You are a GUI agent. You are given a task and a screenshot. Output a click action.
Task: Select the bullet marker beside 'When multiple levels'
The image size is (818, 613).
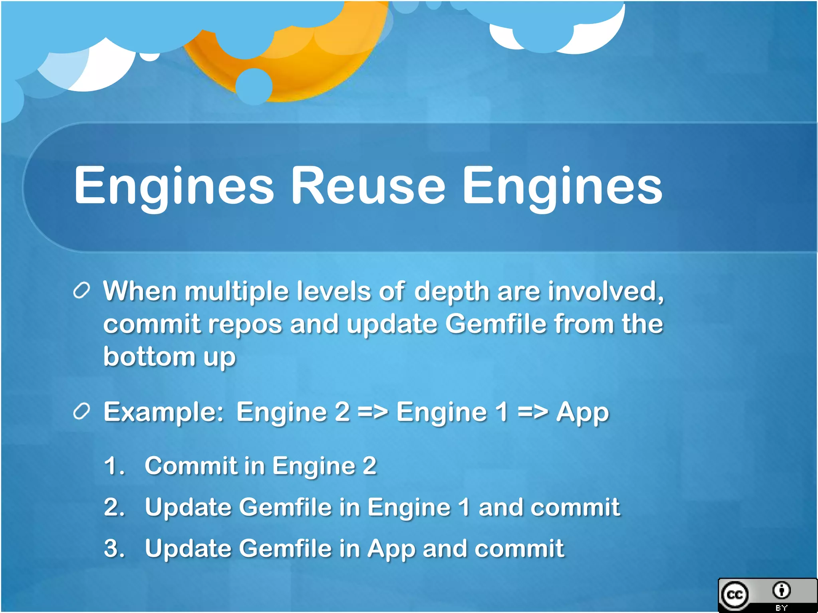(x=81, y=291)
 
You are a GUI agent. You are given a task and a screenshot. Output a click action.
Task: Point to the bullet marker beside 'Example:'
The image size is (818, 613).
(x=81, y=411)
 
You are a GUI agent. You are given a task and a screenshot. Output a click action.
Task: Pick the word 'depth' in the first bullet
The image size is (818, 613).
(x=452, y=291)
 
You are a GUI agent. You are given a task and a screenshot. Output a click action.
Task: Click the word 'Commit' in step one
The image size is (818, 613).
(x=191, y=466)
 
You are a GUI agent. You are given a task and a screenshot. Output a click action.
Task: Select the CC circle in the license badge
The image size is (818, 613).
(x=735, y=595)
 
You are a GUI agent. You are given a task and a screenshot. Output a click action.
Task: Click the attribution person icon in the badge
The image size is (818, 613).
(x=781, y=590)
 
